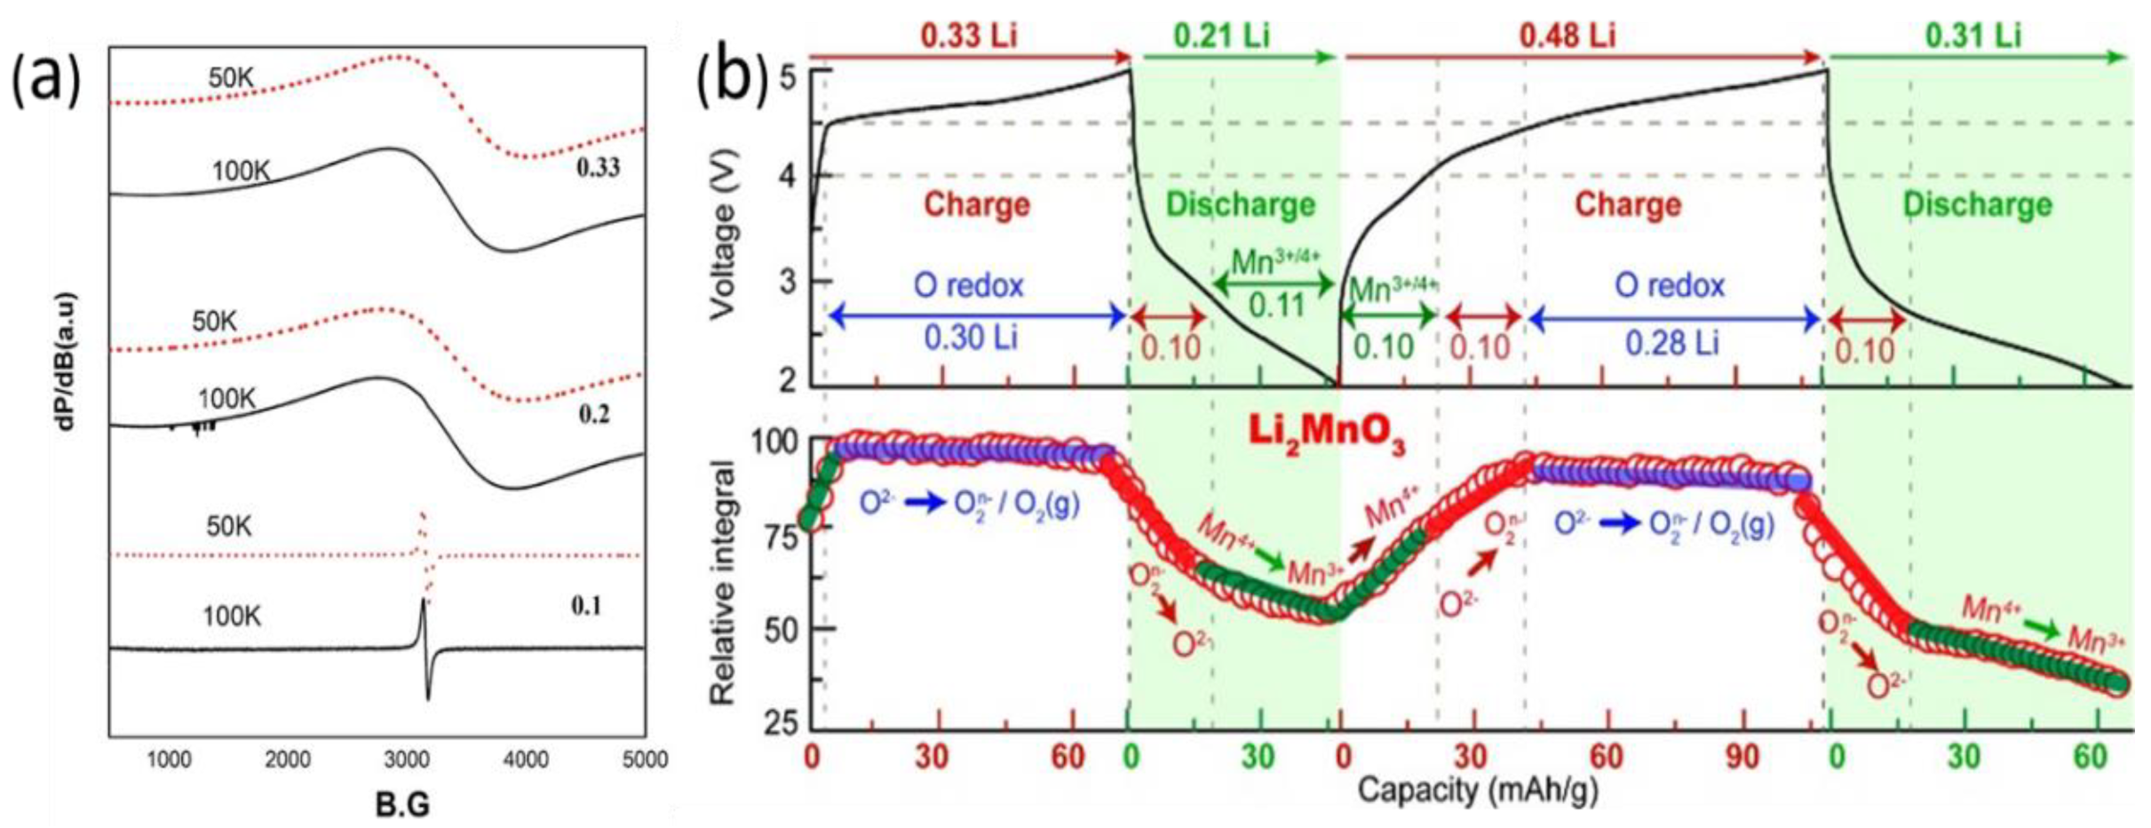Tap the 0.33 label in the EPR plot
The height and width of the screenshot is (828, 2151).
[598, 167]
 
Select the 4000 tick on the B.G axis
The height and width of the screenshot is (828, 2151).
[525, 760]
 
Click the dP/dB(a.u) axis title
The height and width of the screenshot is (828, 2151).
[66, 362]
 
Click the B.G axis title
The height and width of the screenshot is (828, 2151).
[401, 805]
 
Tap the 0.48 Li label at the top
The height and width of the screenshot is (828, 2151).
[1567, 36]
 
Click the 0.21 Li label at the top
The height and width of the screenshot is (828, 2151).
[1221, 36]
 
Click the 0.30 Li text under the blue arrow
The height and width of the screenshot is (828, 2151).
[970, 338]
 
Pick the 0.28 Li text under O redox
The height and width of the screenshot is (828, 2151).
[1671, 343]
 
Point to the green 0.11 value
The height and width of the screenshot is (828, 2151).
[1276, 306]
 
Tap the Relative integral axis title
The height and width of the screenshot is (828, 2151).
[724, 583]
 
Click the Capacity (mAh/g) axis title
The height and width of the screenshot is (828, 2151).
[1477, 790]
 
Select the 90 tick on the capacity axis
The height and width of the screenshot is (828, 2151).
[1742, 758]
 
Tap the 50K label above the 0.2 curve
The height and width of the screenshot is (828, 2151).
[214, 322]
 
